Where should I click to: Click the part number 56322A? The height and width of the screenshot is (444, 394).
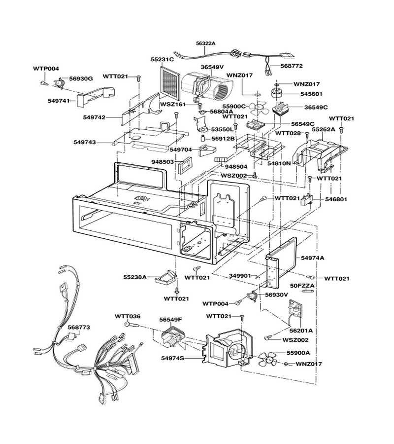205,43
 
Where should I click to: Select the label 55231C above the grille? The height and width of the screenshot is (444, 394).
162,60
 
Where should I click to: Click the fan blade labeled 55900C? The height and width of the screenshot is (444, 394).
259,108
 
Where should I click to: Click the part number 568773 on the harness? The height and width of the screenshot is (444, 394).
79,328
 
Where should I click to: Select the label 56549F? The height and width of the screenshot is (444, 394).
170,320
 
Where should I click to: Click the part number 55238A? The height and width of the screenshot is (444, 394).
135,277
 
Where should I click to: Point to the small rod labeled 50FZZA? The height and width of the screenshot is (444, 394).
308,291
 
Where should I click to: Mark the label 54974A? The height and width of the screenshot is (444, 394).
312,258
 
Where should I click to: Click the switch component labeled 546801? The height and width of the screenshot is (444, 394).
307,200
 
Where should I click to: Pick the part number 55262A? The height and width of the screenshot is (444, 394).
324,129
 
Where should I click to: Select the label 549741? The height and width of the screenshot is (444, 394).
59,101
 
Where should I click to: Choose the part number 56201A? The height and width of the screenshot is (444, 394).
301,331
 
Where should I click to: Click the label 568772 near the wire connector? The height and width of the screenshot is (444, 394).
292,66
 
